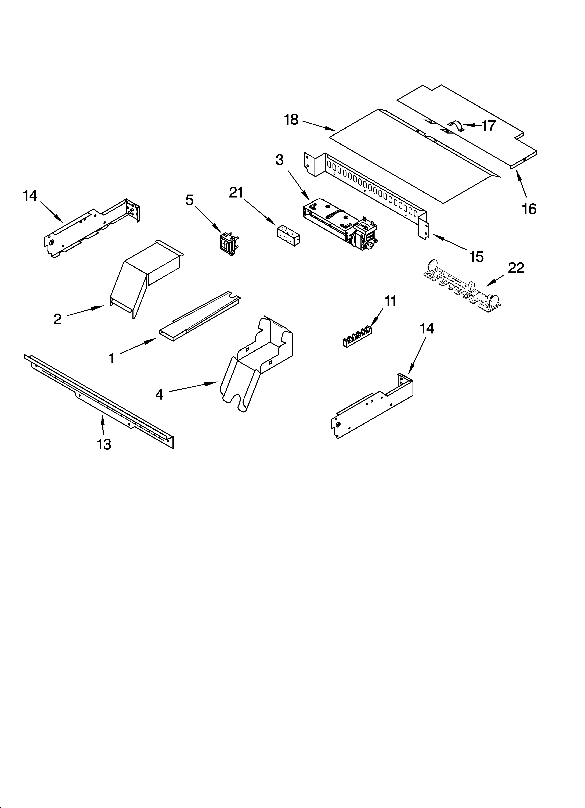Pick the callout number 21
[x=236, y=193]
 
